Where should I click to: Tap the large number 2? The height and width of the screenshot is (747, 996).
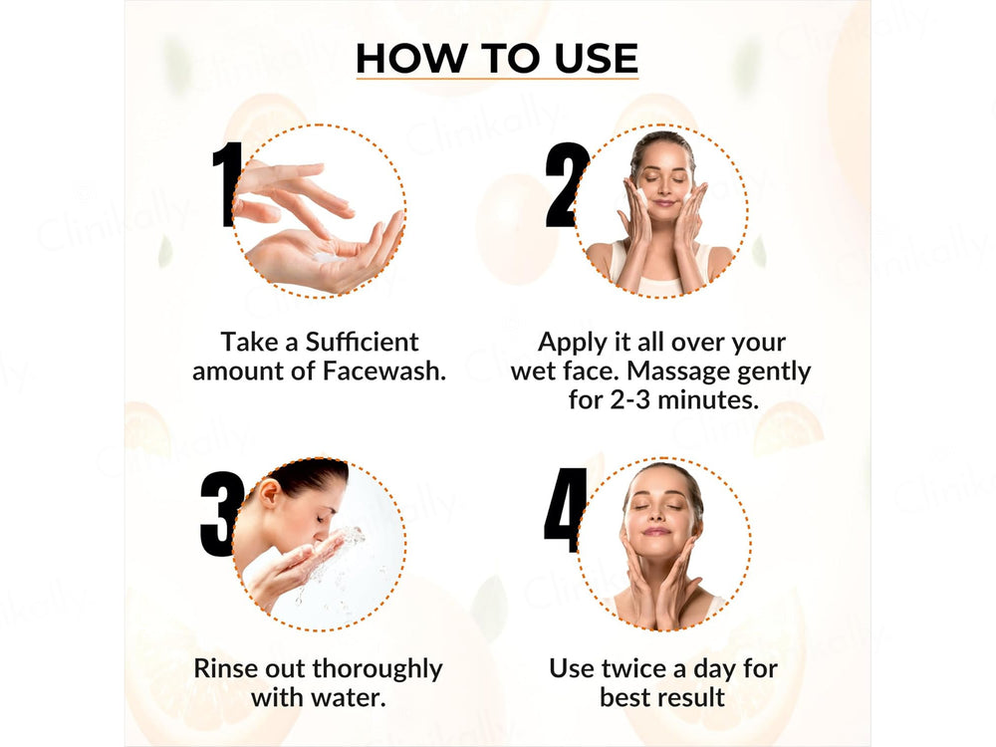pos(566,185)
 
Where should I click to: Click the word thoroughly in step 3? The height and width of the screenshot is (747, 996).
pos(376,667)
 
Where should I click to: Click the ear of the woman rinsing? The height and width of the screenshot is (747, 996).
pos(269,492)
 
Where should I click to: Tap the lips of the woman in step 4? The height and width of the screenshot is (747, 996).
pos(657,533)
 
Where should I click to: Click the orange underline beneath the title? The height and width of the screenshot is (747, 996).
pos(496,79)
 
